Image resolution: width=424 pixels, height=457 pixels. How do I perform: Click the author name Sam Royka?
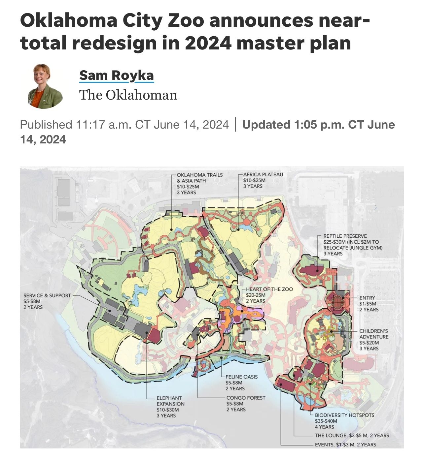[x=116, y=75]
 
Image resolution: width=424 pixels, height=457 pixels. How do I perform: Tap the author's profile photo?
[x=45, y=86]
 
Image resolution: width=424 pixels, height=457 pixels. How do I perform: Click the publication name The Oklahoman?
[x=128, y=95]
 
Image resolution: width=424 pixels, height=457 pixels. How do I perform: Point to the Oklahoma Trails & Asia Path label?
[x=199, y=178]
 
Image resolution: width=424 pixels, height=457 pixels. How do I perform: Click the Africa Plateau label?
[x=263, y=174]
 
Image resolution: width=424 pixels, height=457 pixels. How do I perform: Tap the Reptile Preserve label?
[x=345, y=236]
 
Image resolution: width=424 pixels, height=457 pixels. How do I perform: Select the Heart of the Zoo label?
[x=269, y=289]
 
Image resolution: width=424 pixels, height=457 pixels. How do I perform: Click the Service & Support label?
[x=47, y=295]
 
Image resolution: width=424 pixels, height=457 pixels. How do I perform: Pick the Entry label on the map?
[x=367, y=298]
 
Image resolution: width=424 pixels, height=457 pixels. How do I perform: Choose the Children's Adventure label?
[x=373, y=334]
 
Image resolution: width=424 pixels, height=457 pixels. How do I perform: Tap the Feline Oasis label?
[x=241, y=377]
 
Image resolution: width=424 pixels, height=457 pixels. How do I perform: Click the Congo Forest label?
[x=246, y=398]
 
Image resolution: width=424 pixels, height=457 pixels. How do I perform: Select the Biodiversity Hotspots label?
[x=344, y=415]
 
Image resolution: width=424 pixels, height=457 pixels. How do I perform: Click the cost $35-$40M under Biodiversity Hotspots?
[x=326, y=421]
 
